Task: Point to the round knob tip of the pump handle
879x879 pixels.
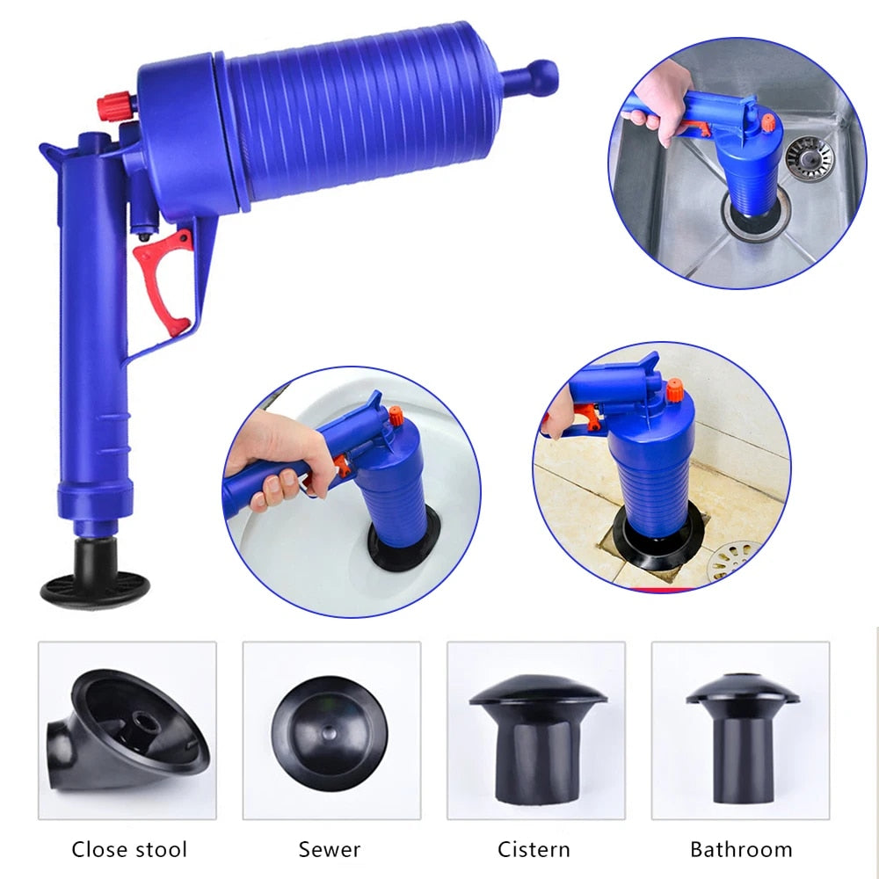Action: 542,77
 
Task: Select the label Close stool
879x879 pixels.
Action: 129,849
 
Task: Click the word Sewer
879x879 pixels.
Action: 330,849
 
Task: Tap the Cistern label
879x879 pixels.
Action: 534,849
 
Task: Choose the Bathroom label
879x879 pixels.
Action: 741,849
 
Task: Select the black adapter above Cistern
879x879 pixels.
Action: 537,740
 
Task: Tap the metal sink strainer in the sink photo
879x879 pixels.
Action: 809,156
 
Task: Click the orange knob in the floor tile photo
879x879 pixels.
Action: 674,391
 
